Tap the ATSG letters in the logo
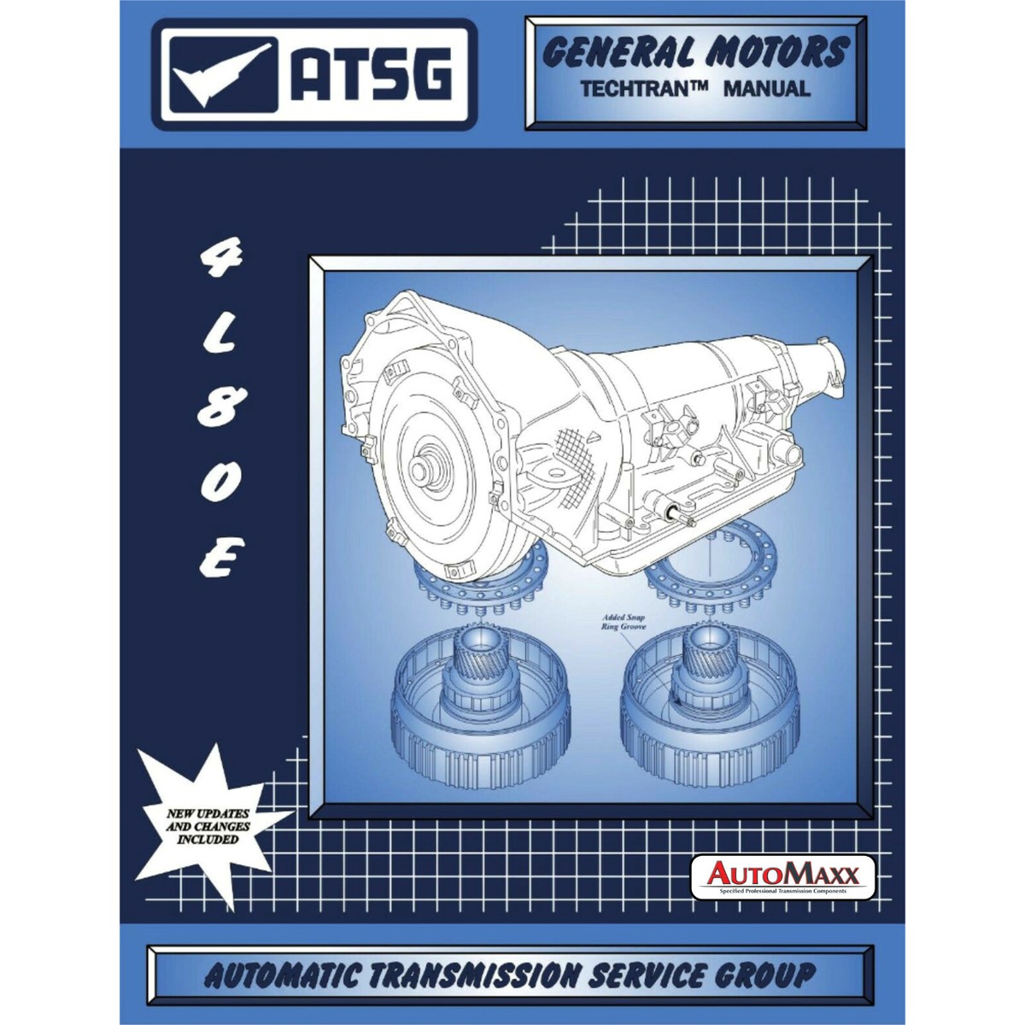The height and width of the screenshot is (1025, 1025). coord(368,76)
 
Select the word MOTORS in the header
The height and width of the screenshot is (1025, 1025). coord(774,53)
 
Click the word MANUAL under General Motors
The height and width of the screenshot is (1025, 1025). coord(766,88)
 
